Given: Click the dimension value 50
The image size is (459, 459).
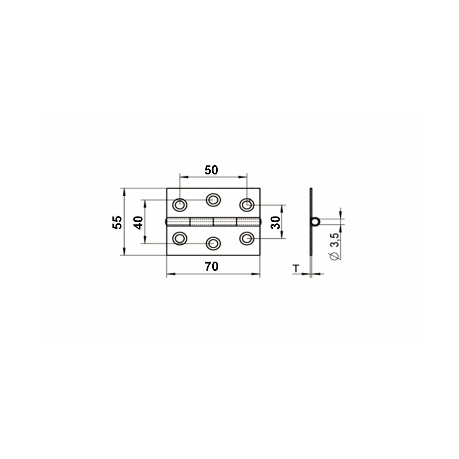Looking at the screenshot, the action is (211, 170).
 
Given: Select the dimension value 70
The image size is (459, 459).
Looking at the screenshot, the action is (212, 266).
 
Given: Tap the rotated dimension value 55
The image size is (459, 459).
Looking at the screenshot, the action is (117, 222).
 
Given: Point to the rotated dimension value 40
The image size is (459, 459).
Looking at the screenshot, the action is (138, 223).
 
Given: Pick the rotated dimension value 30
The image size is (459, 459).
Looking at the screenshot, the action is (275, 223).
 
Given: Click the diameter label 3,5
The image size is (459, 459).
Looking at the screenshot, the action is (334, 241).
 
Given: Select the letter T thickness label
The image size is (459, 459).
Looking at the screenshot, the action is (296, 269).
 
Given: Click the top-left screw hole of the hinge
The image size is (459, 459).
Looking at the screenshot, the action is (180, 204).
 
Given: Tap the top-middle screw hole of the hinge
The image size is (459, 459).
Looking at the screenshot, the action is (213, 200).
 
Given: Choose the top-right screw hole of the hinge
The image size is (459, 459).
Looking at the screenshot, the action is (247, 204).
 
